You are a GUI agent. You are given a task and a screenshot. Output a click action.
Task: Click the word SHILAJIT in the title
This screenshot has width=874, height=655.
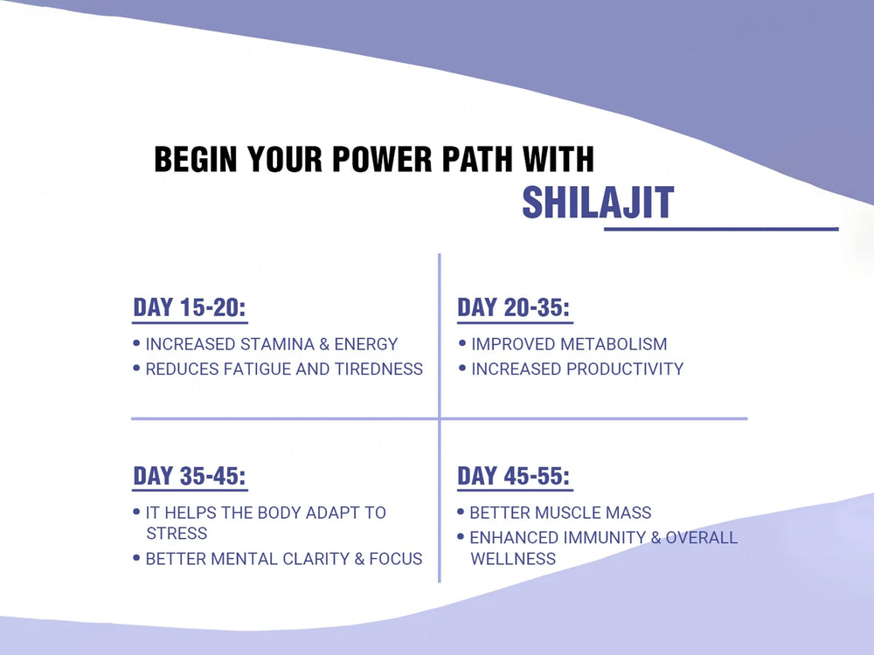pos(598,203)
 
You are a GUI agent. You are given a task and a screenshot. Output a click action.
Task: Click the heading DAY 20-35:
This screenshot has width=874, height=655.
pos(514,308)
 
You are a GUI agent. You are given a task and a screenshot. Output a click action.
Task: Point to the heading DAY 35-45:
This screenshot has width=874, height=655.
pos(190,476)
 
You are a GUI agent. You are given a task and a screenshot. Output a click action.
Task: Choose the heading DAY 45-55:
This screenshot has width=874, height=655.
pos(514,476)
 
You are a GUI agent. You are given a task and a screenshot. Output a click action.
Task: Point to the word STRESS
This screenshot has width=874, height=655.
pos(177,533)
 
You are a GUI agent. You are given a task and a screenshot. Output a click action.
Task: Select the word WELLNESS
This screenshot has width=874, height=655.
pos(513,558)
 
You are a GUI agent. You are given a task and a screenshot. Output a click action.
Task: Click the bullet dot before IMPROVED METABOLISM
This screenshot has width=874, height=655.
pos(461,344)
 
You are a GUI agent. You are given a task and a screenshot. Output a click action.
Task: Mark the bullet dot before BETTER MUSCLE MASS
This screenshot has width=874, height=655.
pos(461,513)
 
